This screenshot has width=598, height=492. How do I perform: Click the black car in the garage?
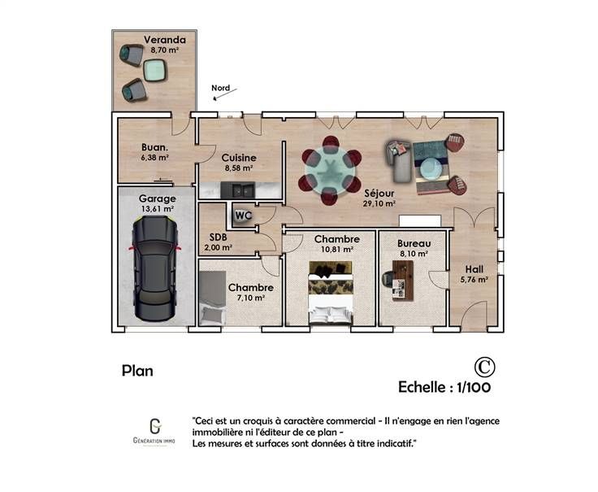(155, 268)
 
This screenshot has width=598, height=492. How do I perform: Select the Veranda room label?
(165, 40)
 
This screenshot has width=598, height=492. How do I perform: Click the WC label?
(243, 216)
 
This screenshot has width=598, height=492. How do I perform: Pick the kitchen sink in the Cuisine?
(237, 189)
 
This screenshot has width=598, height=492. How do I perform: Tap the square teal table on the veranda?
(155, 70)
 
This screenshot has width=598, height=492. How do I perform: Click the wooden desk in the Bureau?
(403, 281)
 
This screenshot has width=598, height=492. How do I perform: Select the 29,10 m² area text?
(379, 203)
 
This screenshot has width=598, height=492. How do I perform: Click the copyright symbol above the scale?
(484, 368)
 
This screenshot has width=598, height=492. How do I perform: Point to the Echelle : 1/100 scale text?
(444, 387)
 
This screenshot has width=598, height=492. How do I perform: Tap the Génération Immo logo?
(154, 432)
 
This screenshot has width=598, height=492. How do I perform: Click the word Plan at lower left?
(137, 371)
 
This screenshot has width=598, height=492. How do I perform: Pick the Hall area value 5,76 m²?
(474, 280)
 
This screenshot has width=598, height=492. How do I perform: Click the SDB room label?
(218, 237)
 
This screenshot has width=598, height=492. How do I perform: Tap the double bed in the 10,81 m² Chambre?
(330, 293)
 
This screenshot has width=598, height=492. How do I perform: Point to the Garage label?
(157, 198)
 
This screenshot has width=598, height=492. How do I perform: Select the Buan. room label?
(155, 147)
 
